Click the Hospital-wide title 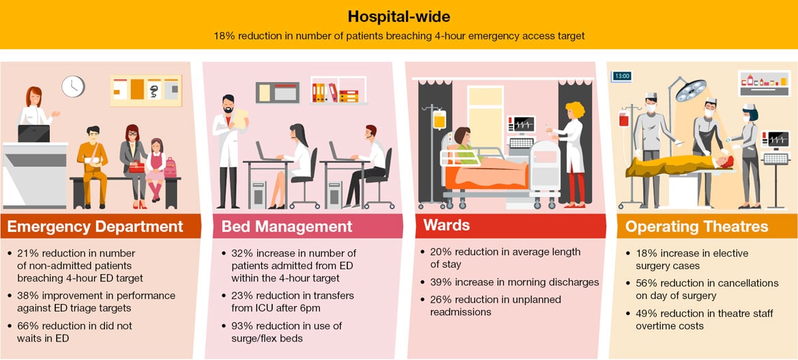point(398,16)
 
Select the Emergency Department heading point(95,227)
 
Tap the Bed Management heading point(287,227)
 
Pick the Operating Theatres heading point(697,227)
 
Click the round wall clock point(73,87)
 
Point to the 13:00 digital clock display point(622,76)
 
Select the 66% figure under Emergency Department point(28,326)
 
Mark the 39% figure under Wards point(441,282)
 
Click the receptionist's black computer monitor point(33,134)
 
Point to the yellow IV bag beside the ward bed point(439,119)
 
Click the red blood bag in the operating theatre point(624,119)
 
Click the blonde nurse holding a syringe point(570,154)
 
